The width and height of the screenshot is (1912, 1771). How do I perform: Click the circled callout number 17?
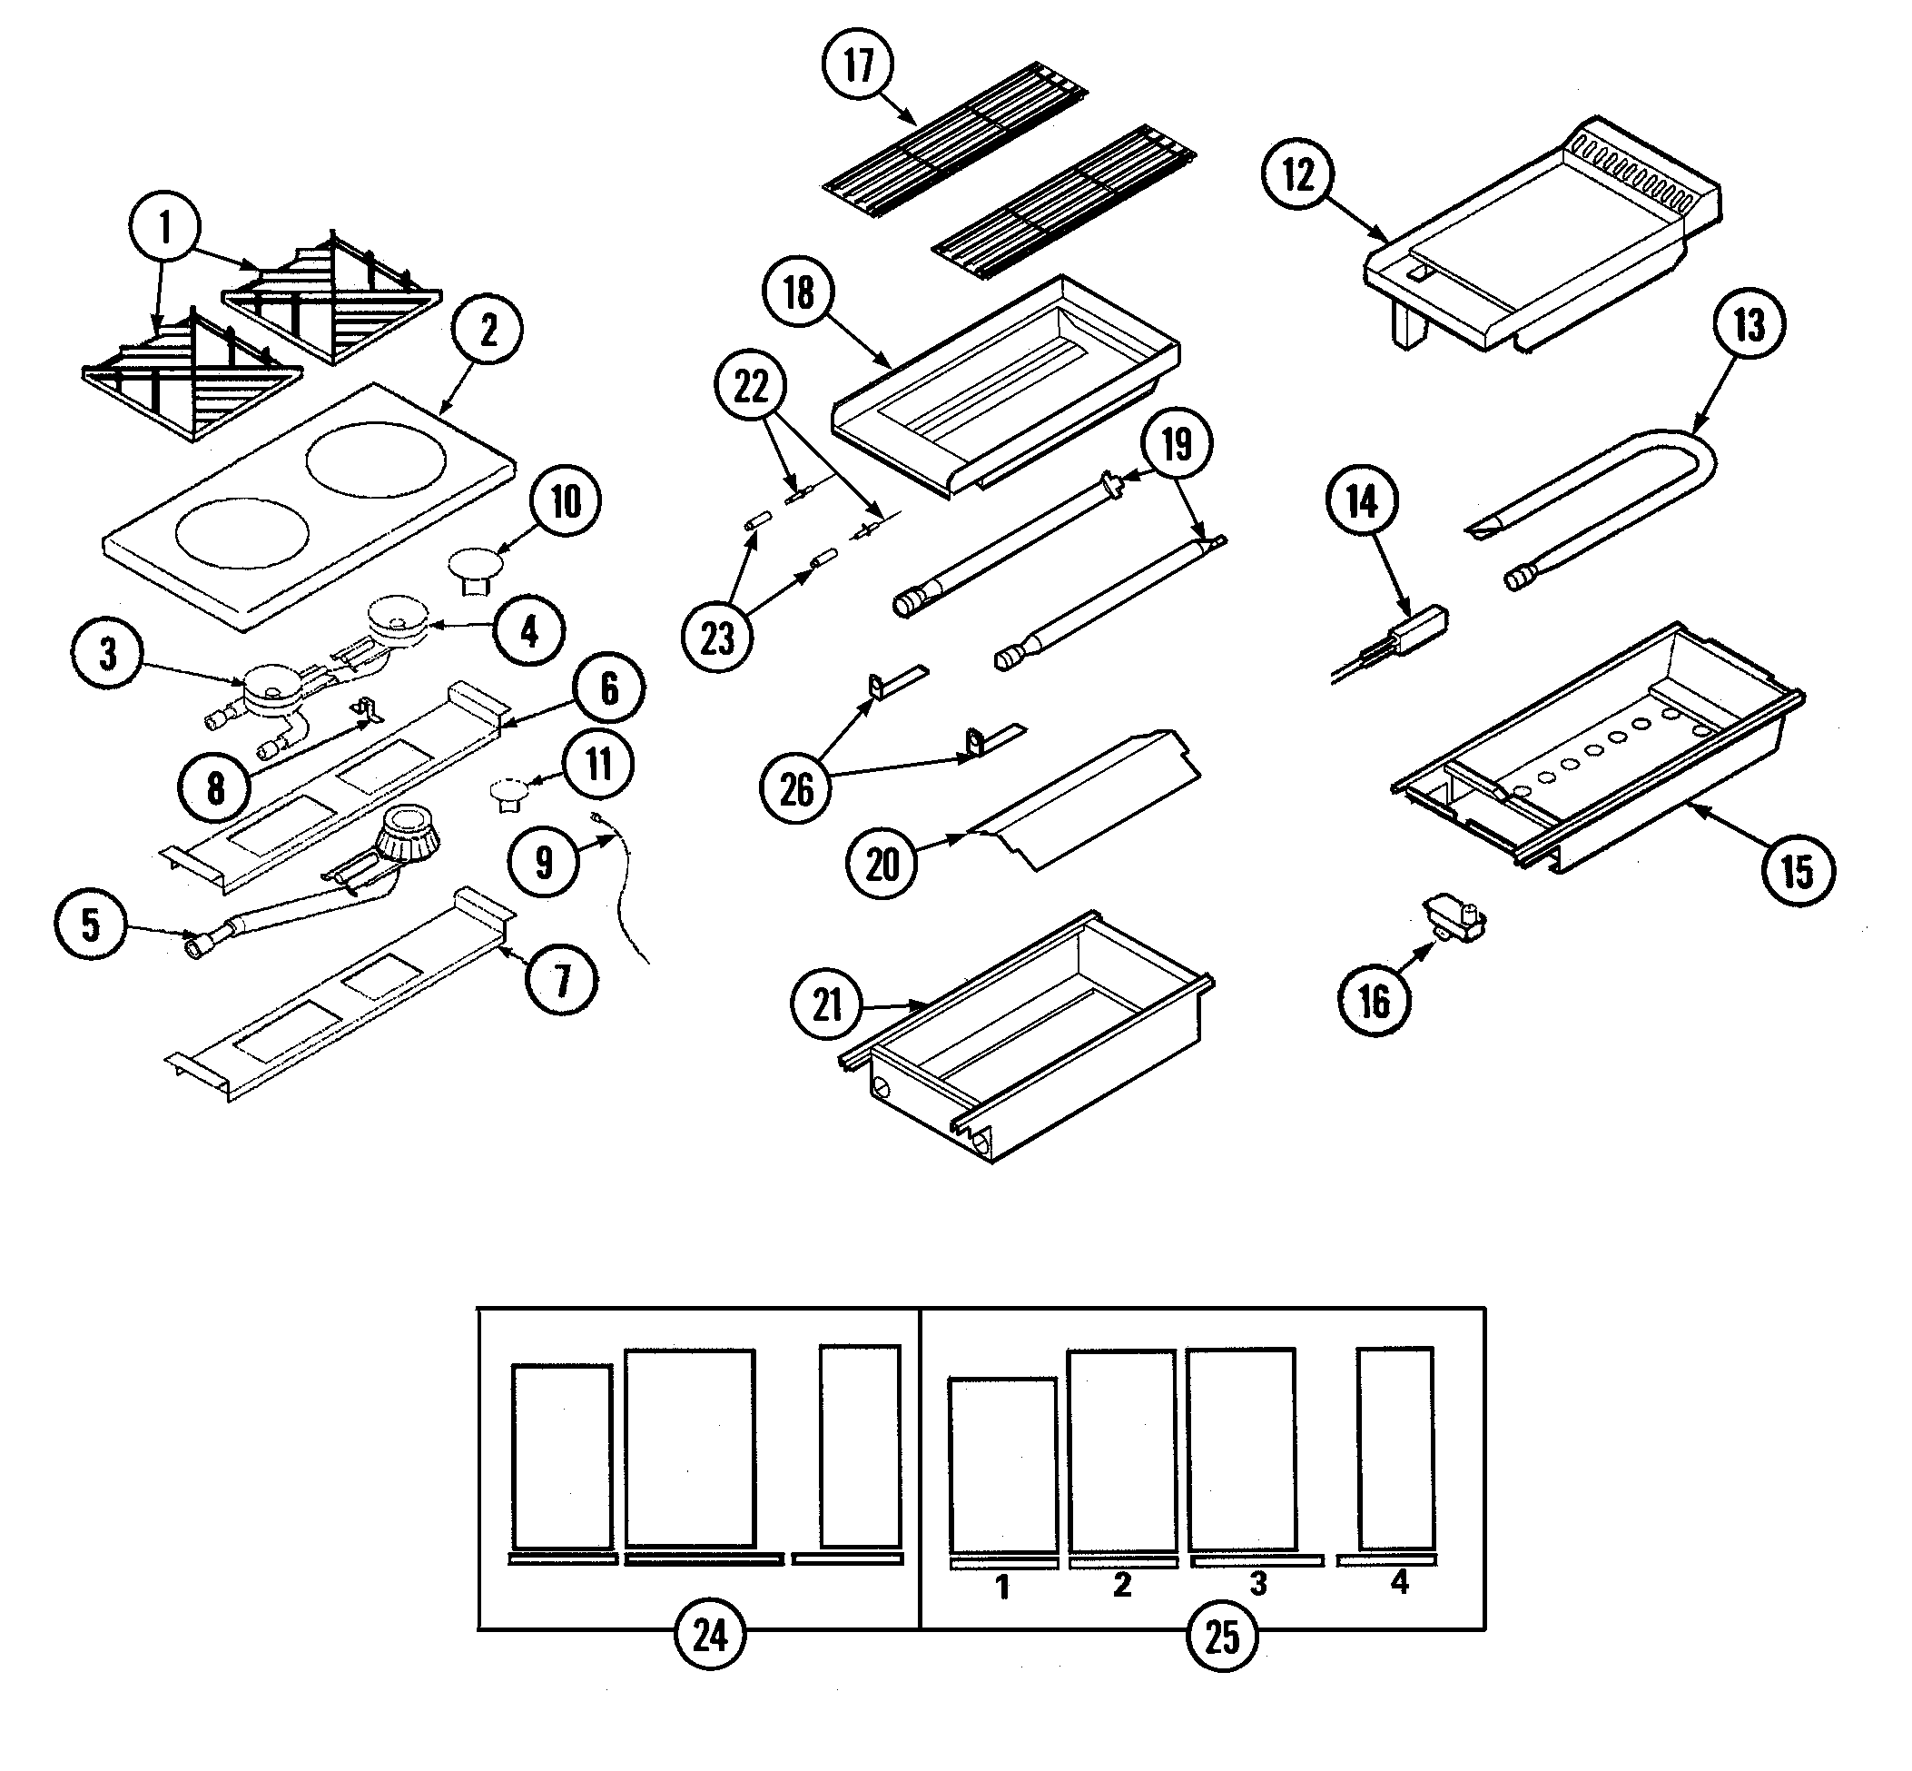[858, 64]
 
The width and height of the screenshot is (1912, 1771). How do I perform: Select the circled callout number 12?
[1298, 174]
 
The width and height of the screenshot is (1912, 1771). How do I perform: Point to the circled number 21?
[827, 1005]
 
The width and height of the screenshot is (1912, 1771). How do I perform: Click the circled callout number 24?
[710, 1636]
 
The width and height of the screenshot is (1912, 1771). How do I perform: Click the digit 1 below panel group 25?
[1002, 1588]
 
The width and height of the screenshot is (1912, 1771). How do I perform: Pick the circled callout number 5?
[90, 925]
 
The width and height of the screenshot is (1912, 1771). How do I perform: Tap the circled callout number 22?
[751, 387]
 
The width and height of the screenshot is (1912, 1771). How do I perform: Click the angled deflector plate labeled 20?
[1082, 798]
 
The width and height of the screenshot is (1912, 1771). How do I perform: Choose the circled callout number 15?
[1797, 871]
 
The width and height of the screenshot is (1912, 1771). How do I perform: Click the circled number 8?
[215, 788]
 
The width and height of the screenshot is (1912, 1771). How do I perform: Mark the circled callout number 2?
[488, 331]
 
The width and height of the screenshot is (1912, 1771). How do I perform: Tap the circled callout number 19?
[1177, 444]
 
